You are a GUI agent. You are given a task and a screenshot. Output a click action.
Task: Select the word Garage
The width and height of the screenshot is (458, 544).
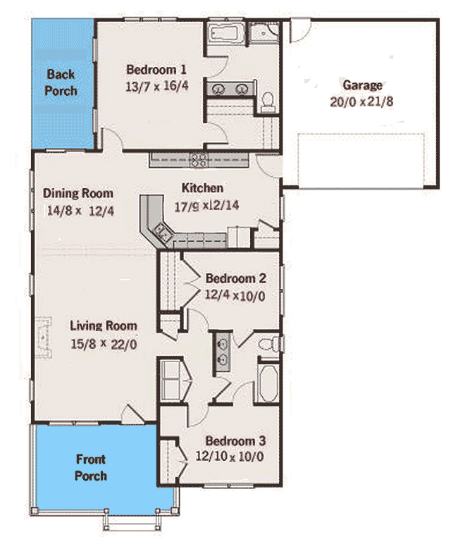point(362,85)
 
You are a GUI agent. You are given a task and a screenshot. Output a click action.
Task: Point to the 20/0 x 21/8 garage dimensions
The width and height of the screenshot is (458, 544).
point(362,101)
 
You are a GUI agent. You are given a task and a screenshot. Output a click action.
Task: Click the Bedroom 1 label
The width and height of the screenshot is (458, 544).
point(156,70)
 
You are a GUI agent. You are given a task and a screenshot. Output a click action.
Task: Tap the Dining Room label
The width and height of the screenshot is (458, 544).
point(78,193)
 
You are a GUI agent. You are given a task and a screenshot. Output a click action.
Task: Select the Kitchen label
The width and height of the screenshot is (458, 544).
point(202,188)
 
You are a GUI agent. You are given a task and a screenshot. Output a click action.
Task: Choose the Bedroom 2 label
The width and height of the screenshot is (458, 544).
point(235,278)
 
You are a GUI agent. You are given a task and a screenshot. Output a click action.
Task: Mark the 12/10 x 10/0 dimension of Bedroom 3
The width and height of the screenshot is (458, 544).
point(230,457)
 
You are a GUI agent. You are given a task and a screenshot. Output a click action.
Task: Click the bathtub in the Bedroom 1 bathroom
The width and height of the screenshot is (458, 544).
point(226,32)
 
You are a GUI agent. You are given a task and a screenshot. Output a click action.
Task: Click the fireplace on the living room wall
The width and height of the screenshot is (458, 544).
point(44,338)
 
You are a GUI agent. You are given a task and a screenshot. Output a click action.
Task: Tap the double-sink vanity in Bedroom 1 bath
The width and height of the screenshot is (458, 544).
point(231,89)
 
